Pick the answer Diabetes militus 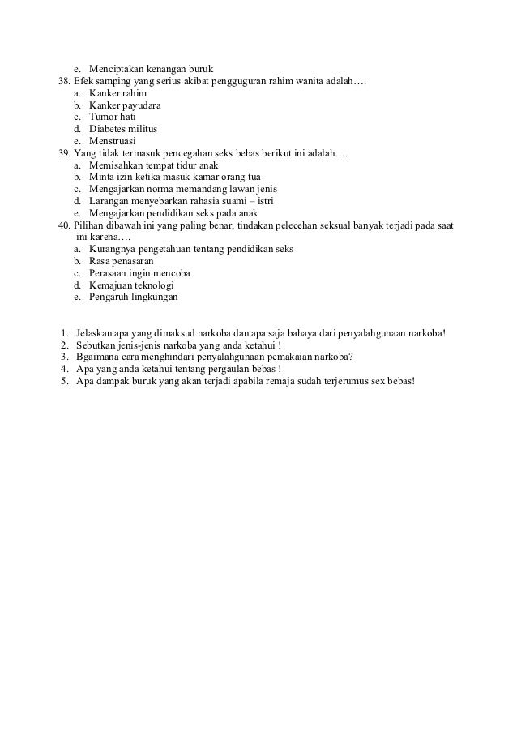(123, 129)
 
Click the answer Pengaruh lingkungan (133, 297)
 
